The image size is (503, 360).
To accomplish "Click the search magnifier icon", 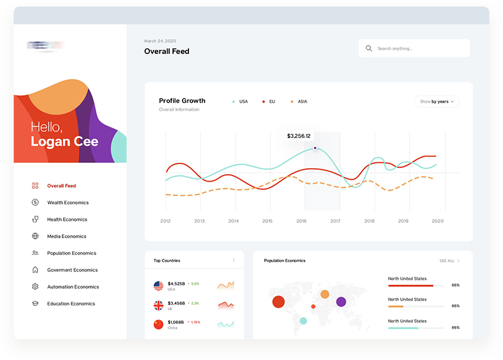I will tap(369, 49).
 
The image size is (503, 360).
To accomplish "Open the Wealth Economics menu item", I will tap(68, 203).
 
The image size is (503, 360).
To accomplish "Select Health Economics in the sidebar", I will tap(67, 220).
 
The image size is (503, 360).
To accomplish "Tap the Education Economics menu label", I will tap(71, 304).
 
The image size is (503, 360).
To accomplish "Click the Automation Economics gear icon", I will tap(35, 287).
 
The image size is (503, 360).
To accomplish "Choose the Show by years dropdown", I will tap(436, 102).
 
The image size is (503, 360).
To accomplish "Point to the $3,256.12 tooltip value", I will tap(298, 136).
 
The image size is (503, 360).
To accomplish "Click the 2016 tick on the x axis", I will tap(301, 221).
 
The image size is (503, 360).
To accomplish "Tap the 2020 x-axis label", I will tap(438, 221).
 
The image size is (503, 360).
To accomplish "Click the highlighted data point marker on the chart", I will tap(315, 148).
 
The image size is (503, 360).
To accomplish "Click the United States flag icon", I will tap(158, 286).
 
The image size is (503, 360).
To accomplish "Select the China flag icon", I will tap(158, 324).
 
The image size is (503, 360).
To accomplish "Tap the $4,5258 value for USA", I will tap(176, 284).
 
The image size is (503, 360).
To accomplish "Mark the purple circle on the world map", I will tap(341, 302).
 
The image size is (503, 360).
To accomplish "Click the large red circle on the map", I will tap(278, 302).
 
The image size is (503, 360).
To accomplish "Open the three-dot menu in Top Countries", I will tap(234, 260).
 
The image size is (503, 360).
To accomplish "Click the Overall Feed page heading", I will tap(166, 52).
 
